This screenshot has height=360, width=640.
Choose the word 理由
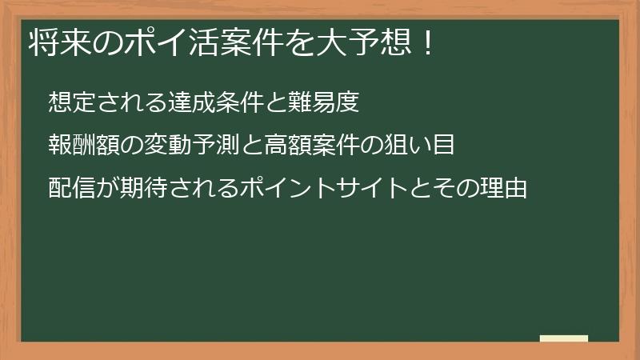click(x=505, y=190)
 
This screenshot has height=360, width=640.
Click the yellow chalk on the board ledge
click(x=564, y=339)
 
